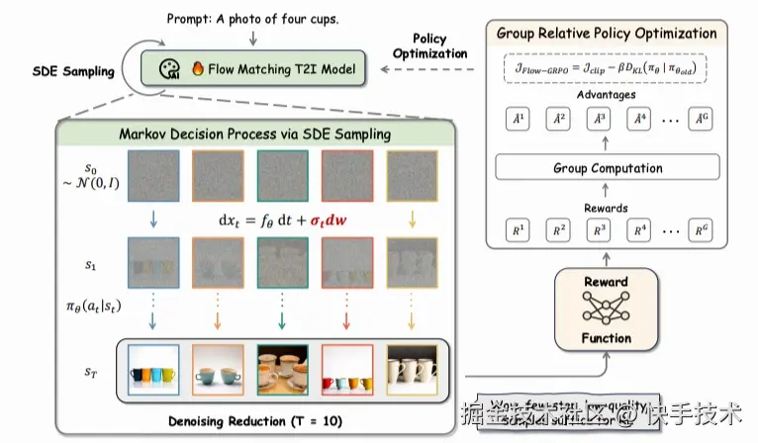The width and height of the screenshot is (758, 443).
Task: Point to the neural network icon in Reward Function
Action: [605, 310]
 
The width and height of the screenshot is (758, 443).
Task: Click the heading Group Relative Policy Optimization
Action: [606, 35]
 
